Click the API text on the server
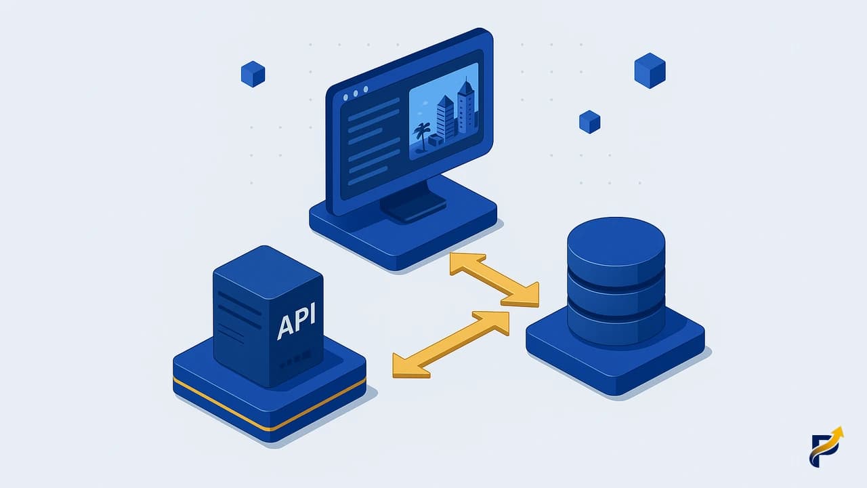[x=297, y=321]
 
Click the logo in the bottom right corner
[x=826, y=447]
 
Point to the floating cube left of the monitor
[x=253, y=74]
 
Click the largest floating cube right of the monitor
[x=650, y=70]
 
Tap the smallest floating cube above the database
[x=590, y=122]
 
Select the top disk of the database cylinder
[x=616, y=248]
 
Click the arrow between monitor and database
[x=494, y=280]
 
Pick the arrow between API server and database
[x=451, y=344]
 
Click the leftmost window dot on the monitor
[x=345, y=98]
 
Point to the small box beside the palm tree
[x=436, y=140]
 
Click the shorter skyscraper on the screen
[x=445, y=118]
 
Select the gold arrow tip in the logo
[x=839, y=432]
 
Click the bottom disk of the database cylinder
[x=616, y=327]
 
